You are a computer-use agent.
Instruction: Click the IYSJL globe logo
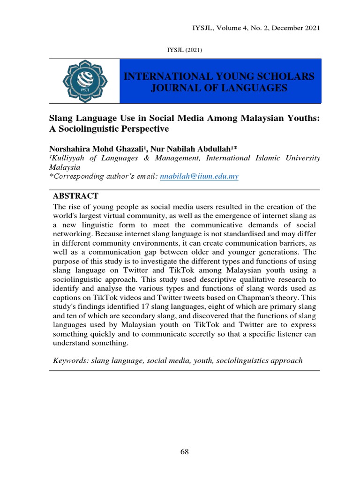(x=84, y=81)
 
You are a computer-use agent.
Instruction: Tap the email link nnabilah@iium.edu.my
(x=199, y=176)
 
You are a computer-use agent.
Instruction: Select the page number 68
(x=184, y=452)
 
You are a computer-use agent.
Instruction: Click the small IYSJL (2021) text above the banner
(x=184, y=50)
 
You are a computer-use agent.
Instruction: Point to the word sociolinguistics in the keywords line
(x=246, y=360)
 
